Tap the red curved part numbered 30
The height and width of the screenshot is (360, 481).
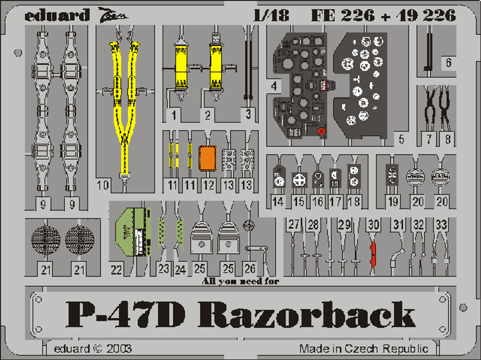(x=373, y=254)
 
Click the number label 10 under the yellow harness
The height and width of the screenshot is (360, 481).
(x=103, y=185)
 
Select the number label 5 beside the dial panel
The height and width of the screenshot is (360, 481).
(x=401, y=139)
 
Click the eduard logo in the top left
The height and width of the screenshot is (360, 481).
(x=57, y=15)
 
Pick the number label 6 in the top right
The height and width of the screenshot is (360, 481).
(x=448, y=62)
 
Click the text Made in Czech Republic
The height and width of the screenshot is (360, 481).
(x=363, y=349)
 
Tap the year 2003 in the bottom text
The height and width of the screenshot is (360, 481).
(x=119, y=349)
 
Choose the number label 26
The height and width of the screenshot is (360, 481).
(x=250, y=269)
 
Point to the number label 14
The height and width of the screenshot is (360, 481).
(x=278, y=201)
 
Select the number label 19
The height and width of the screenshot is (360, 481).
(x=393, y=201)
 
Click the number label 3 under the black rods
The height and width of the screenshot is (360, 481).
(x=248, y=114)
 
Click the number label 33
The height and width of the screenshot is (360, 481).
(x=441, y=225)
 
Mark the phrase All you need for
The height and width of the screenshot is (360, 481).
(x=240, y=281)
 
